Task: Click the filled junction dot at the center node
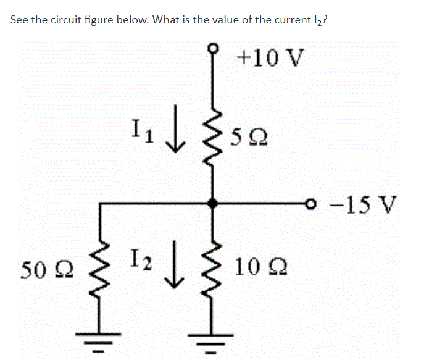(x=214, y=203)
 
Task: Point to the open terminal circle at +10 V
(x=214, y=46)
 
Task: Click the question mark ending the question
(x=325, y=19)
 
